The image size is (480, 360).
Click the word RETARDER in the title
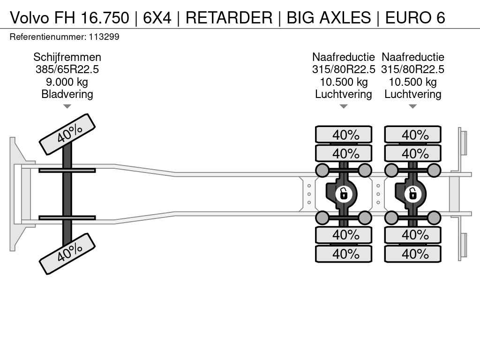click(229, 17)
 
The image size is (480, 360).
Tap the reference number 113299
click(104, 37)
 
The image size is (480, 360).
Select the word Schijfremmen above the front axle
click(67, 57)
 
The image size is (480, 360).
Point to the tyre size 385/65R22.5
click(67, 69)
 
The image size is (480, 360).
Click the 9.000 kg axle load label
click(67, 82)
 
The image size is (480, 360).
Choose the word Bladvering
click(67, 94)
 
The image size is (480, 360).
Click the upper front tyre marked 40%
click(67, 135)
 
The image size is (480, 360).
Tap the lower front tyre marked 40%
click(67, 254)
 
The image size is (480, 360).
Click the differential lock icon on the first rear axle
click(344, 194)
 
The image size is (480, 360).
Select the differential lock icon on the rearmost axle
click(412, 194)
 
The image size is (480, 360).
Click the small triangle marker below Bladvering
click(67, 106)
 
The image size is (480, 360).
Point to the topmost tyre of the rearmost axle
click(412, 135)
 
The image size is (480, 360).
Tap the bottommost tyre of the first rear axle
click(344, 254)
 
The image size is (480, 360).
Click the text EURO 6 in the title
click(415, 17)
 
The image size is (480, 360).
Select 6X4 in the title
click(157, 17)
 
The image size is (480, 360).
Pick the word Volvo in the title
click(30, 17)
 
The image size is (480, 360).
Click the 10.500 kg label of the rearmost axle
click(412, 82)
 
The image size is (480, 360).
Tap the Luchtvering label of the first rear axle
click(344, 94)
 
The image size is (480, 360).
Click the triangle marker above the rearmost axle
click(412, 106)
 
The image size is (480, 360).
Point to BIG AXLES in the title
click(329, 17)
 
